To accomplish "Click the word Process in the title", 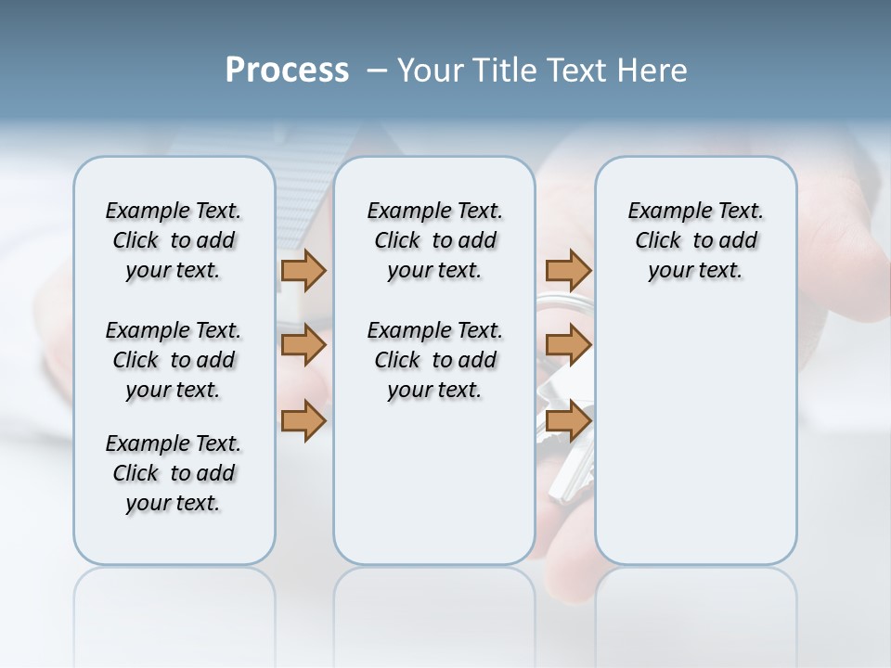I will point(287,70).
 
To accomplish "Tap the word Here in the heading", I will point(653,71).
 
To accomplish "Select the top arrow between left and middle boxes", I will point(303,270).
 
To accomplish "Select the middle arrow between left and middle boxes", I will point(303,345).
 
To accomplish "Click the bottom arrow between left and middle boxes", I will point(303,420).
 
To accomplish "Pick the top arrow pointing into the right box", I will point(568,270).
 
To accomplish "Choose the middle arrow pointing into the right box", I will point(568,345).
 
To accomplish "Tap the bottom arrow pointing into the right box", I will point(568,420).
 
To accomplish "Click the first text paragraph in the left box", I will point(174,240).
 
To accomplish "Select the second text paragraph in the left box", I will point(174,360).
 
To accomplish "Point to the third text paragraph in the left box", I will point(174,473).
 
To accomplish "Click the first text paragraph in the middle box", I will point(434,240).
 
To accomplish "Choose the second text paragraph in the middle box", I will point(434,360).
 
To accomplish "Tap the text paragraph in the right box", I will point(695,240).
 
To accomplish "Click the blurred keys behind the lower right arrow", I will point(566,473).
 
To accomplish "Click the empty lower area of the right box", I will point(695,445).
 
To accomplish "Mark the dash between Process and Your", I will point(378,71).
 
